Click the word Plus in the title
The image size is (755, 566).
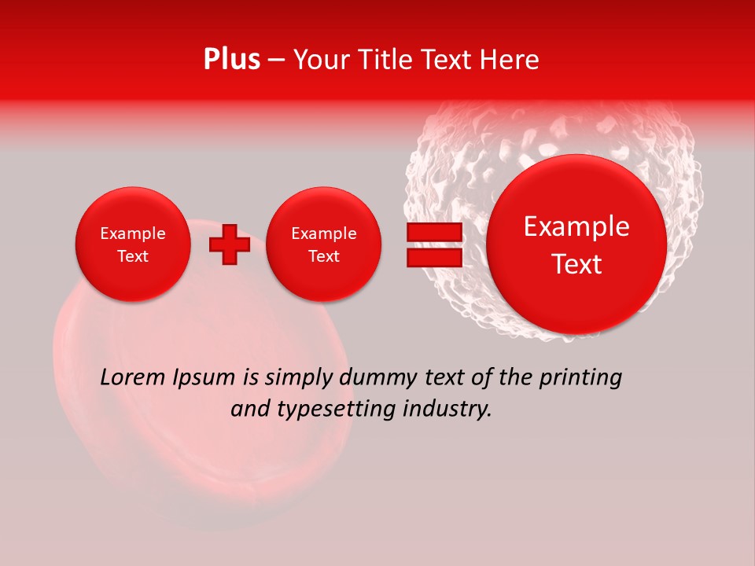point(231,60)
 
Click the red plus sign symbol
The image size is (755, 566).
point(229,244)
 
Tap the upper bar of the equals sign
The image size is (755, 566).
point(434,233)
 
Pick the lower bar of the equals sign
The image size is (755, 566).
point(434,258)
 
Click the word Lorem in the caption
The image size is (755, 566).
point(131,378)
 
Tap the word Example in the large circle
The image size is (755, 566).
point(576,226)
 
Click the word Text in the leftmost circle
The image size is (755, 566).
point(132,256)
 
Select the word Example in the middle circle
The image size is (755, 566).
point(323,233)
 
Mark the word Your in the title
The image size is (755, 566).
point(319,60)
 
